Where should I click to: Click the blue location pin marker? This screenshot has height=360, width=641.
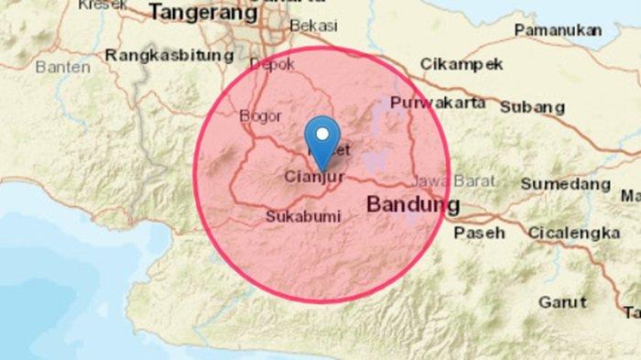[320, 138]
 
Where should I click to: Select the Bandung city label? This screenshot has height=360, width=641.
[413, 204]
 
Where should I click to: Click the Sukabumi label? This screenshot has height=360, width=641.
[302, 217]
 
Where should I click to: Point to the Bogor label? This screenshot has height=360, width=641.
[258, 116]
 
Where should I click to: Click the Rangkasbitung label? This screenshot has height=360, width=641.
[169, 56]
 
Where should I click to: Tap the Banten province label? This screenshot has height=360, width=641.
[63, 67]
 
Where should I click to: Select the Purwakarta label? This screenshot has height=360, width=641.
[438, 103]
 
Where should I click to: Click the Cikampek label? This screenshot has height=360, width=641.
[462, 64]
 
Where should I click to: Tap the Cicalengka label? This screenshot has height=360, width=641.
[573, 233]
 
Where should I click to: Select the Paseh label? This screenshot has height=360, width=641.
[479, 233]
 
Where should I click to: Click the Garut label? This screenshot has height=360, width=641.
[562, 301]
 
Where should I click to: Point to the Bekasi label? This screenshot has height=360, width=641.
[313, 27]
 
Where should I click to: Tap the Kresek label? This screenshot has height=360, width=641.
[103, 5]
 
